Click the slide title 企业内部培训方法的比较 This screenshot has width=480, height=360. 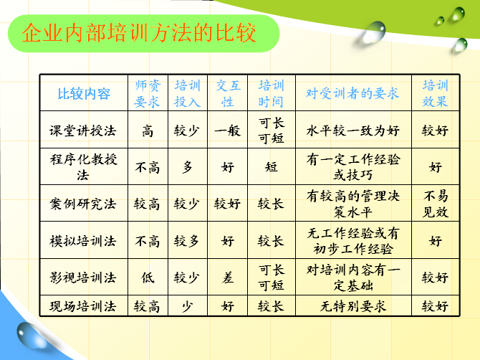[139, 33]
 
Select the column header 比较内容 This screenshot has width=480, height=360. [84, 93]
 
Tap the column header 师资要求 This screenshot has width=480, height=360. [148, 93]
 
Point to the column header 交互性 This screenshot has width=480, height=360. [228, 93]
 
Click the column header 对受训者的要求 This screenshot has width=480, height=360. [352, 93]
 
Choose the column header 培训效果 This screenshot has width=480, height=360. [436, 93]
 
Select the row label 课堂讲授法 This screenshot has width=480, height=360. [82, 131]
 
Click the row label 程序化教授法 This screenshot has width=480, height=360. [83, 167]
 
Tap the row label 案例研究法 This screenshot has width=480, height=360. [82, 204]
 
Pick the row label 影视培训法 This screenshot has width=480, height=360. [82, 278]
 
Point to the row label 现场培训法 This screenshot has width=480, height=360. [82, 306]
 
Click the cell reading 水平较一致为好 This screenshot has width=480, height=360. [353, 131]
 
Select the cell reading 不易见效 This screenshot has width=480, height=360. [436, 204]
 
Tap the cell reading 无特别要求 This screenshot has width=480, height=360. [353, 306]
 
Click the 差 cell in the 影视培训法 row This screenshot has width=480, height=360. [228, 278]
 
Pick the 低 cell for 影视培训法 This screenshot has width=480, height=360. [148, 278]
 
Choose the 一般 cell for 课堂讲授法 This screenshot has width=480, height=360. [227, 131]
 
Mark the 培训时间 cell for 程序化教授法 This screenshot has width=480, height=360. [272, 167]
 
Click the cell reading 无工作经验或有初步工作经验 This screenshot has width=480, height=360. [353, 241]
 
